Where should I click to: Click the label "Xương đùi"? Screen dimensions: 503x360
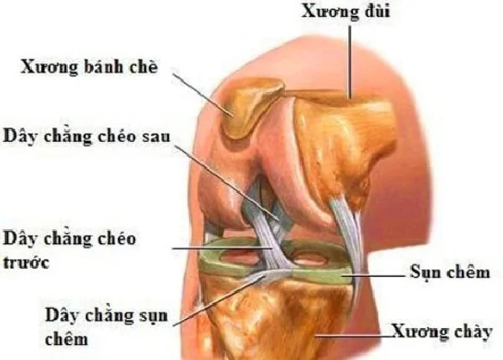345,12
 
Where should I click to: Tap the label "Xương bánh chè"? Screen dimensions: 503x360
90,67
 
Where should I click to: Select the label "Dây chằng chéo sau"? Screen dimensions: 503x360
86,137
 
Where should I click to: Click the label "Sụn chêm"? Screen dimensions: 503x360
450,273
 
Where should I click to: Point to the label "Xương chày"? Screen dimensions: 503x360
442,331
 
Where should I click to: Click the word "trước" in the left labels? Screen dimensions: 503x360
26,263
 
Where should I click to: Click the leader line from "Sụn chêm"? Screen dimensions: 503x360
373,275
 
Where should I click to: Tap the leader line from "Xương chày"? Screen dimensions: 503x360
354,337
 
